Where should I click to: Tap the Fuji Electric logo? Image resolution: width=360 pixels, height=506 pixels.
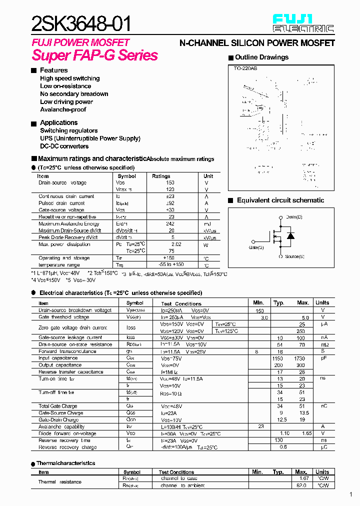coord(303,23)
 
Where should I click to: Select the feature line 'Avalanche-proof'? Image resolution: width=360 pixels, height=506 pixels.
coord(63,109)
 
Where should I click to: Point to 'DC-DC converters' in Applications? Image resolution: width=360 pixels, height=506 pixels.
coord(64,146)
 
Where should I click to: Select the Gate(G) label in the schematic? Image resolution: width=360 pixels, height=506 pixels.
coord(256,247)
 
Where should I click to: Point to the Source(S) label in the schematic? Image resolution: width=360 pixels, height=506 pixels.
coord(294,256)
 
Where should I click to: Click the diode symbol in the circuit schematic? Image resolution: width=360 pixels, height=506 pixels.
coord(290,236)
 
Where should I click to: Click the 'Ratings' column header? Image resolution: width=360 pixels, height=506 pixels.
coord(161,176)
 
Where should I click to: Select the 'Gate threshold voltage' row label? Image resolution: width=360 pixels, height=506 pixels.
coord(64,317)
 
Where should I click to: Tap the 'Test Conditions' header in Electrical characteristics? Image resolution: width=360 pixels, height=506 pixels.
coord(181,303)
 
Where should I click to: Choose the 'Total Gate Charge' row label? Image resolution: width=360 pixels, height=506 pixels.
coord(58,406)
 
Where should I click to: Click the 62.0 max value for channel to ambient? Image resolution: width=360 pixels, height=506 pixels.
coord(301,485)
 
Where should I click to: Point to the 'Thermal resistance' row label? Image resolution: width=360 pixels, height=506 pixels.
coord(60,482)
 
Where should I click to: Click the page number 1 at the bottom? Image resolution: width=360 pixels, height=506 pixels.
coord(350,495)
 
